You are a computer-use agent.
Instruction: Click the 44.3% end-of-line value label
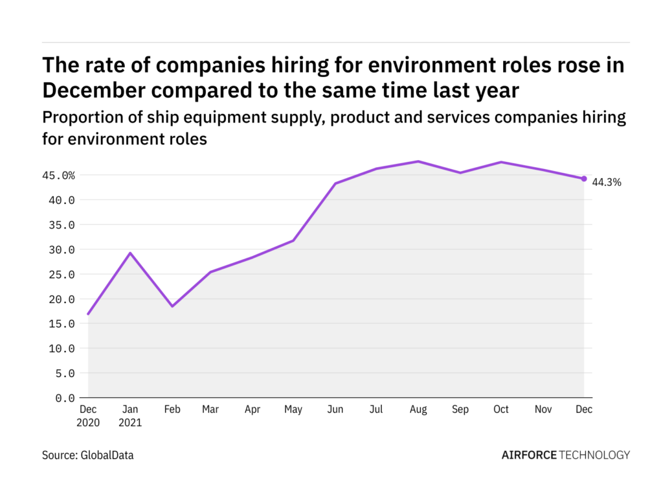click(x=607, y=183)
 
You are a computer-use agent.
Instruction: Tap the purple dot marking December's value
click(x=584, y=179)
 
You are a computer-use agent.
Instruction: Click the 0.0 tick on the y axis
click(x=65, y=398)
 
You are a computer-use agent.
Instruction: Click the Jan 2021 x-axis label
click(x=129, y=416)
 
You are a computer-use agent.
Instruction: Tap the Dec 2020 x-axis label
click(x=88, y=416)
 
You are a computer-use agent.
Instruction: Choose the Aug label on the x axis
click(x=418, y=409)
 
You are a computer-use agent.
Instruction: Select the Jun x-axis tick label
click(x=335, y=409)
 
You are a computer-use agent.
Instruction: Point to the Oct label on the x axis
click(x=501, y=409)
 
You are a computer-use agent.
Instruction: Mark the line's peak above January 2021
click(x=130, y=253)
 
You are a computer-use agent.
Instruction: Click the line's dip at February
click(x=172, y=306)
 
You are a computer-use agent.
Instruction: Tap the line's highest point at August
click(x=418, y=161)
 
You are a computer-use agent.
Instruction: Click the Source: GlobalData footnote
click(x=88, y=455)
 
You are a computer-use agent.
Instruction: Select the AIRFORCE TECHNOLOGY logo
click(x=565, y=455)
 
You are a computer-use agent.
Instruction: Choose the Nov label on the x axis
click(x=542, y=409)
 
